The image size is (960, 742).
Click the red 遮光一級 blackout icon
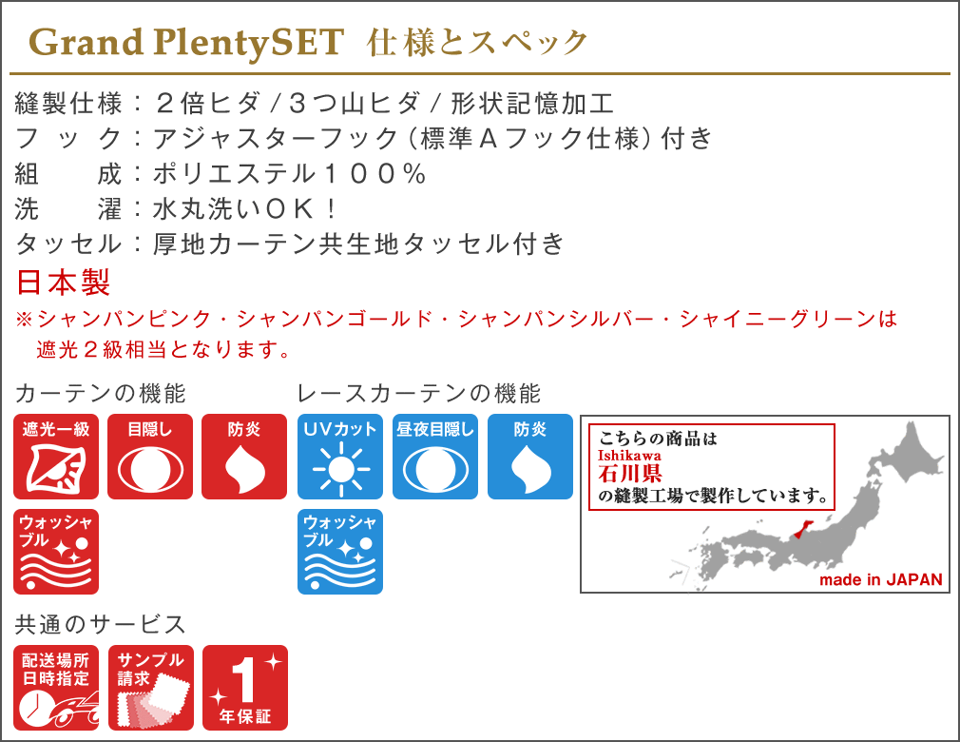pos(56,457)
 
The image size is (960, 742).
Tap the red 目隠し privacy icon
pos(150,457)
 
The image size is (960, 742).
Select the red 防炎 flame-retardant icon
pos(244,457)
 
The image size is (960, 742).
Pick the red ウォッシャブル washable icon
pos(56,552)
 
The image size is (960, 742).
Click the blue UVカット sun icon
pos(340,457)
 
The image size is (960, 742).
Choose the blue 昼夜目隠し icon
pos(435,457)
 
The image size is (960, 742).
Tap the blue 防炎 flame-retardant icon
pos(530,457)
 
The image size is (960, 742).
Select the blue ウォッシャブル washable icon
pos(340,552)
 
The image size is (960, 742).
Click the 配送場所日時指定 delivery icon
pos(56,688)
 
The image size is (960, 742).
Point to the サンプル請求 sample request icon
pos(151,688)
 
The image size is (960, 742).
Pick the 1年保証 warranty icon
pos(245,688)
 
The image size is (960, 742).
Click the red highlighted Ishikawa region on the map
pos(802,532)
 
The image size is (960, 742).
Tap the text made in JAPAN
pos(881,579)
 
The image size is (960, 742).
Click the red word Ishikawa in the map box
pos(629,456)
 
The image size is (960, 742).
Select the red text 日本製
pos(63,283)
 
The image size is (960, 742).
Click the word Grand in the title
pos(86,42)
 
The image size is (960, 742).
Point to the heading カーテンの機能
pos(101,394)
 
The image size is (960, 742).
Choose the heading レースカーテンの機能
pos(419,394)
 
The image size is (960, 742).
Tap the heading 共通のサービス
pos(101,624)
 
